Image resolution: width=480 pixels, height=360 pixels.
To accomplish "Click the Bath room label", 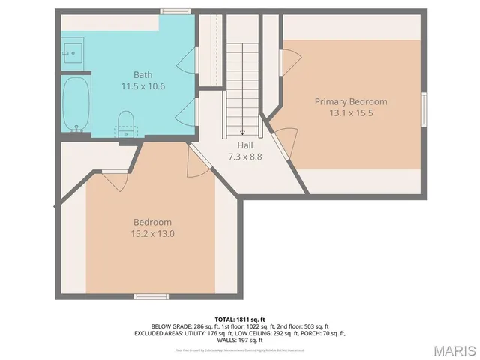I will [x=143, y=74].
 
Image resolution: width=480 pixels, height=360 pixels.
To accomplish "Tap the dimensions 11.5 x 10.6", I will [x=143, y=86].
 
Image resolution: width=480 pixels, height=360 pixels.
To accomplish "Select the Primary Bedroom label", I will [x=351, y=101].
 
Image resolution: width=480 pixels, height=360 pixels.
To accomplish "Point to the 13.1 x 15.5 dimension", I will [x=351, y=113].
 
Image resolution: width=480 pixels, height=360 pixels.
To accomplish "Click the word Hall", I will [x=245, y=145].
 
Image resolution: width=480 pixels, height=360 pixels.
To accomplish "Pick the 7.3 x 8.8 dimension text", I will [x=245, y=157].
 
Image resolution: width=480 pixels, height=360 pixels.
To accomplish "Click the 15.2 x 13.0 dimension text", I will [x=152, y=234].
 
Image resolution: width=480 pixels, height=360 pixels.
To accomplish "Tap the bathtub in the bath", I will [x=76, y=103].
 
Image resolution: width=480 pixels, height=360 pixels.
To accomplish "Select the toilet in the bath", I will [x=126, y=121].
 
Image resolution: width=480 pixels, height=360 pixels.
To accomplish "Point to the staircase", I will [x=242, y=82].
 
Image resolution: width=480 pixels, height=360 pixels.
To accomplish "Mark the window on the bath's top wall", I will [x=175, y=11].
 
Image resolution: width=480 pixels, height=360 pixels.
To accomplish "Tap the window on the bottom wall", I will [x=151, y=296].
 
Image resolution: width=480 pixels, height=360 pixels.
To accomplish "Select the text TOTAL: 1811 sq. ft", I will [x=240, y=319].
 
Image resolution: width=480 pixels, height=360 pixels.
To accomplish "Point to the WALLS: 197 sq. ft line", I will [x=240, y=340].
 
